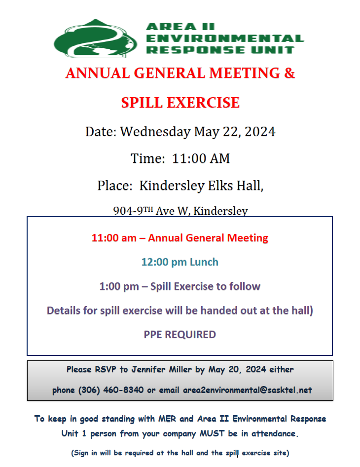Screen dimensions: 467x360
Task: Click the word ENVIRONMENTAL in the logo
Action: (x=225, y=39)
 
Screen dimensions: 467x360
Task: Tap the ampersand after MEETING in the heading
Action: (x=289, y=73)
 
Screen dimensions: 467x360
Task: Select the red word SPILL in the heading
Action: (x=143, y=103)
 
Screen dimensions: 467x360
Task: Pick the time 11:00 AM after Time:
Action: (x=201, y=158)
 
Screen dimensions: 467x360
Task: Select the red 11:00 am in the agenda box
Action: (x=114, y=238)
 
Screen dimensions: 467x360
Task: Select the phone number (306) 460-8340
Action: (x=111, y=390)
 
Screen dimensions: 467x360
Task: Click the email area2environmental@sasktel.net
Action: (x=248, y=390)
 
